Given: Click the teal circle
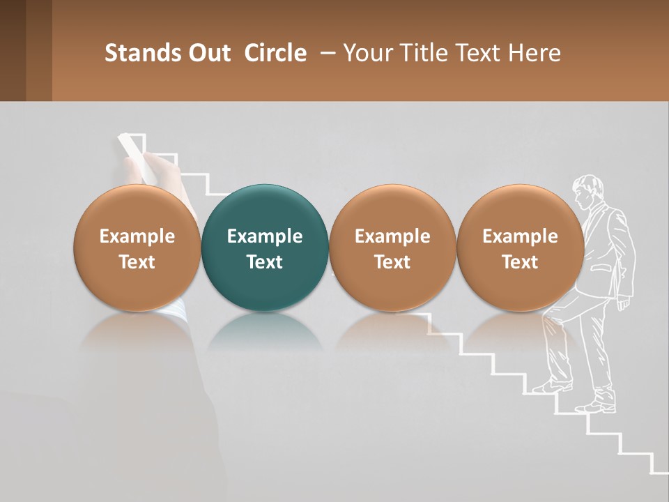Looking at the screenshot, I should pos(264,248).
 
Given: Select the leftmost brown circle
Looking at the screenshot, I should pos(137,248).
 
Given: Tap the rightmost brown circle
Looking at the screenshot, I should pos(520,248).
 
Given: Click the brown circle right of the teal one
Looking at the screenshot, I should pos(392,248).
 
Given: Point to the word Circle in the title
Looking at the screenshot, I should pos(275,53).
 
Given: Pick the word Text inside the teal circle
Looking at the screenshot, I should pos(265,262).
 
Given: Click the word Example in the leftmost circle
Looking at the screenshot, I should pos(137,236).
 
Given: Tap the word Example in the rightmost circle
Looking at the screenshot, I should pos(520,236).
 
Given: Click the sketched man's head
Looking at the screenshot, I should pos(587,191).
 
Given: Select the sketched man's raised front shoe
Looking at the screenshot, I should pos(551,386).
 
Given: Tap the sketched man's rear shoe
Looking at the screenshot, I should pos(598,405).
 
